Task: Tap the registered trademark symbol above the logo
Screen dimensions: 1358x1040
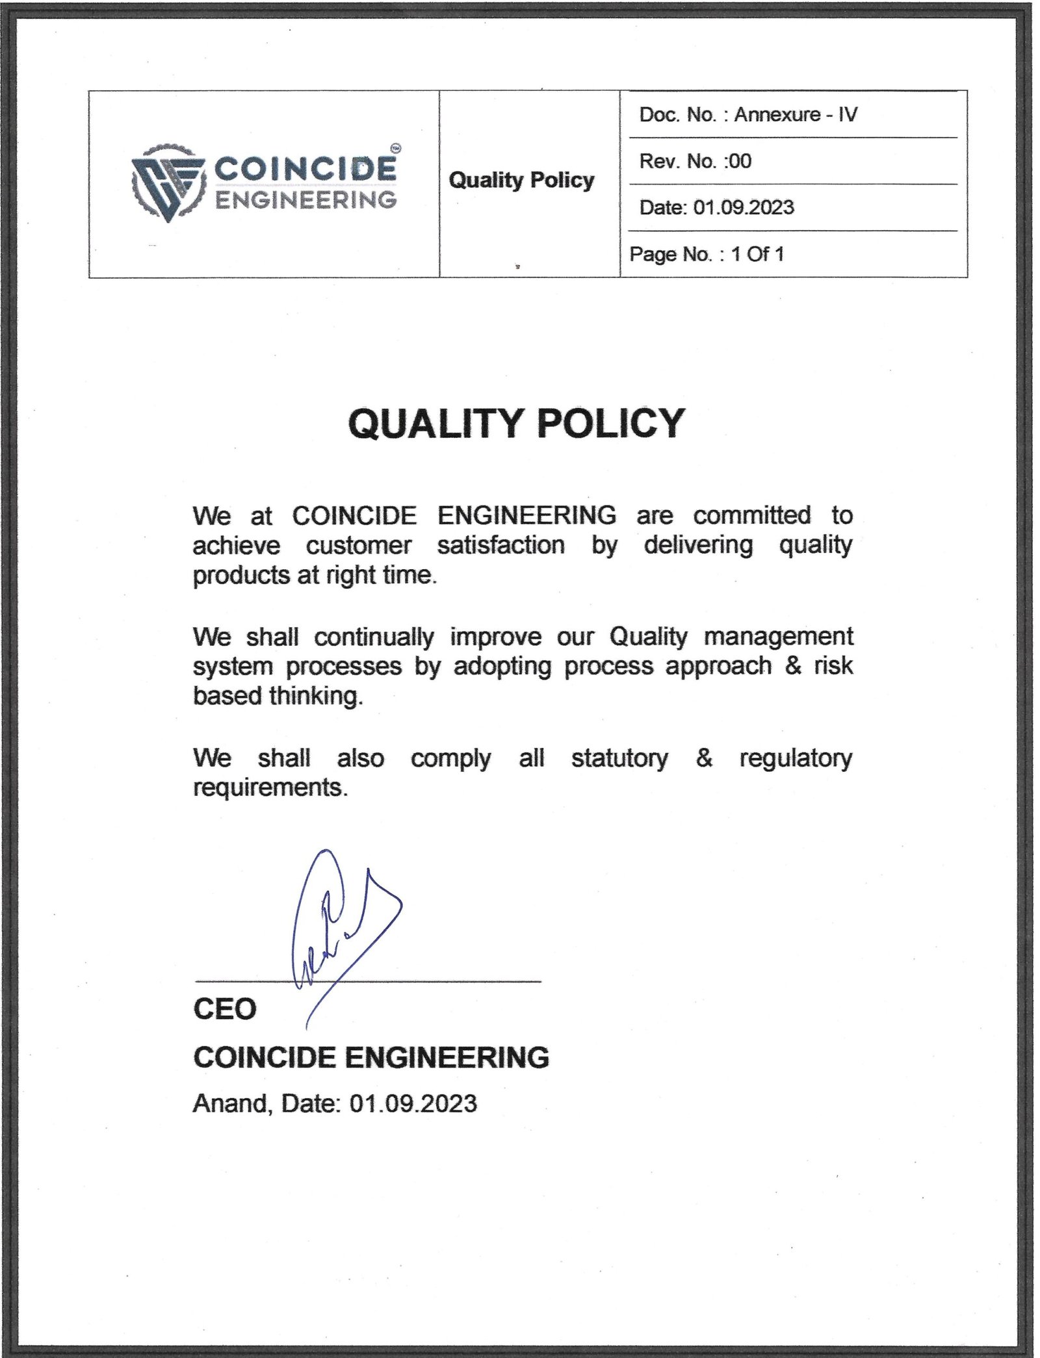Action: pyautogui.click(x=396, y=148)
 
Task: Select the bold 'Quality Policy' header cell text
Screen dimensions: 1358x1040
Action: pyautogui.click(x=521, y=180)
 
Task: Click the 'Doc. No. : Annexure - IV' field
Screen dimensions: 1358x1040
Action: pyautogui.click(x=747, y=115)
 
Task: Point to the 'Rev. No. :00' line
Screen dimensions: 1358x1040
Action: pyautogui.click(x=695, y=161)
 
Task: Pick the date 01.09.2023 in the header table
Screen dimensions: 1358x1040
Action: pyautogui.click(x=743, y=208)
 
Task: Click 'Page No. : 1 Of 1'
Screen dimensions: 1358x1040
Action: pyautogui.click(x=707, y=254)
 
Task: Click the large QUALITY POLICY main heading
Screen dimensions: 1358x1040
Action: pyautogui.click(x=516, y=424)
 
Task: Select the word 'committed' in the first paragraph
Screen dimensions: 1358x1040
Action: pyautogui.click(x=751, y=515)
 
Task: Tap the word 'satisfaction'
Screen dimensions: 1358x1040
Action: pyautogui.click(x=500, y=544)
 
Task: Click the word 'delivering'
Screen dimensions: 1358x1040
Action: pyautogui.click(x=698, y=544)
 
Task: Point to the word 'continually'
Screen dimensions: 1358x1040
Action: pyautogui.click(x=374, y=637)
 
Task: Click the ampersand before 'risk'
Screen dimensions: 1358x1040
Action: pyautogui.click(x=792, y=666)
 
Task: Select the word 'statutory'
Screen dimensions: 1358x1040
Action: pyautogui.click(x=619, y=758)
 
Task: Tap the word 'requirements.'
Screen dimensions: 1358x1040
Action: pyautogui.click(x=270, y=788)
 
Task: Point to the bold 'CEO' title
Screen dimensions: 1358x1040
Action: pyautogui.click(x=225, y=1009)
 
